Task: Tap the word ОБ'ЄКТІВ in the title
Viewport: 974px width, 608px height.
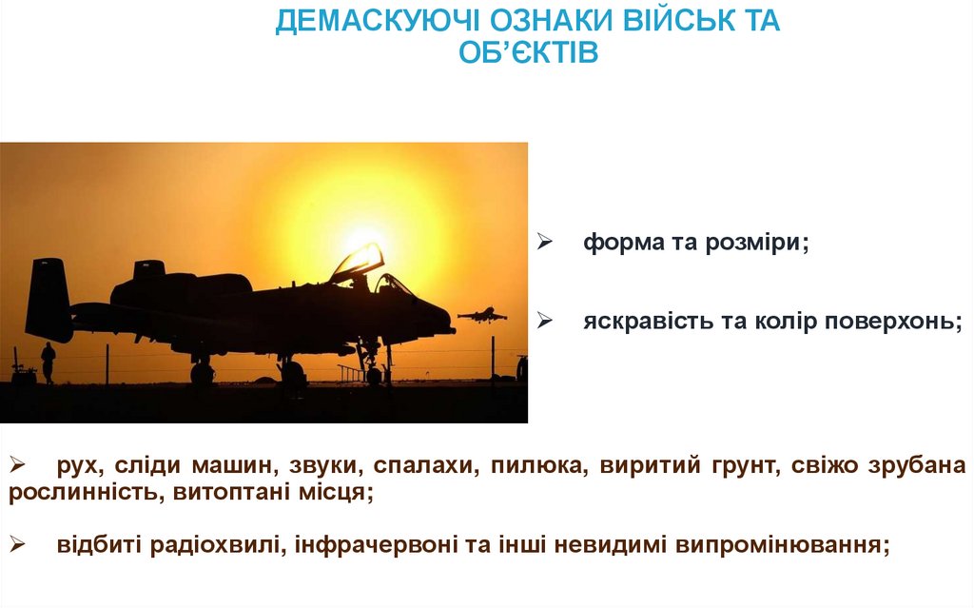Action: coord(528,53)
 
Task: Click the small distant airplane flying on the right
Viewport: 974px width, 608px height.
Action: coord(482,314)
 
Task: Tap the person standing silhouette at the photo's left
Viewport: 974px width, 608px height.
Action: coord(48,362)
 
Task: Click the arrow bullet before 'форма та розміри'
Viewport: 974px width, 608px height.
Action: coord(545,244)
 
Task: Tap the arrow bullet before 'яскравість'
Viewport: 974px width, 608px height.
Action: coord(545,322)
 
